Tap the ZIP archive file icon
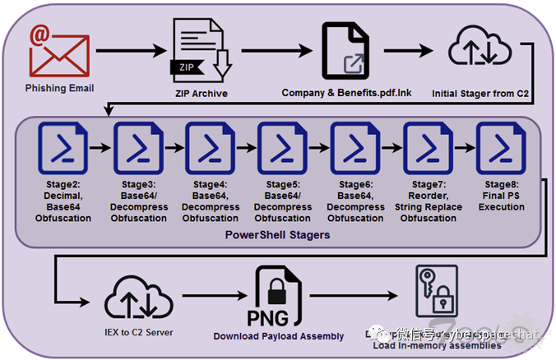(x=200, y=50)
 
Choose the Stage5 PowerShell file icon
(x=282, y=146)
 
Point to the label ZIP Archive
(x=201, y=94)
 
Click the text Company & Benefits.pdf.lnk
(x=346, y=93)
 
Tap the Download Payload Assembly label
(x=277, y=336)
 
